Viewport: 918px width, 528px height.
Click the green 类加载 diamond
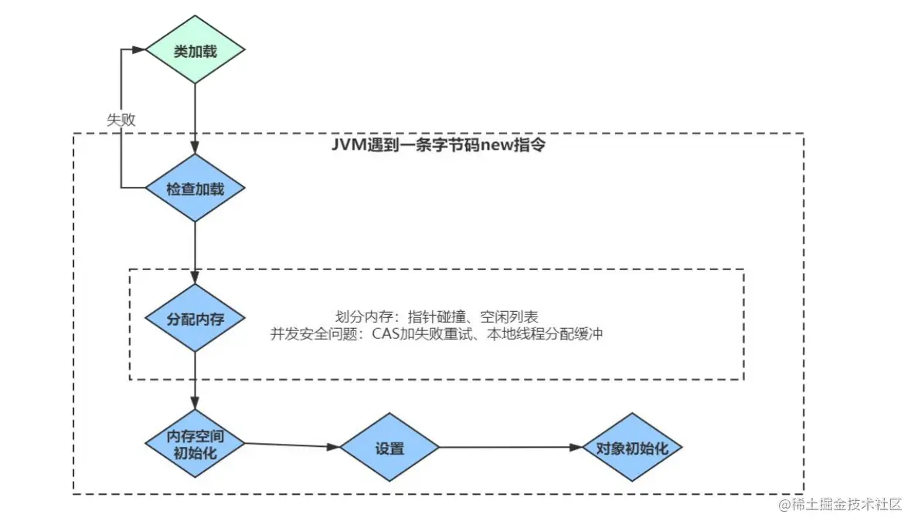click(x=195, y=51)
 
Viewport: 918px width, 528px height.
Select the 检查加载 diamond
click(x=195, y=188)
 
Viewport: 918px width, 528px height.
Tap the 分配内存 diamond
click(x=195, y=318)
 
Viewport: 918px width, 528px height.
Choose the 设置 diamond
click(x=390, y=448)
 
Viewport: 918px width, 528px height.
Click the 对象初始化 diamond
click(x=631, y=447)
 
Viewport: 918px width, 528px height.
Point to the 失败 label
click(x=121, y=120)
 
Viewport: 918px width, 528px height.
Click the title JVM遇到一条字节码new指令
click(x=437, y=144)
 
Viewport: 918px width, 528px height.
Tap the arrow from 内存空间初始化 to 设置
click(x=292, y=445)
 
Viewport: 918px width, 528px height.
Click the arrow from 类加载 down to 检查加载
click(x=195, y=116)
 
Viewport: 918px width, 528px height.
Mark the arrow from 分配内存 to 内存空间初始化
click(x=195, y=380)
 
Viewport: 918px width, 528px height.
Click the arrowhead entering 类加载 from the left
click(x=139, y=49)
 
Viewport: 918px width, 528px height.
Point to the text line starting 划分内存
click(x=437, y=316)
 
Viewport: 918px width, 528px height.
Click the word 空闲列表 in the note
click(x=513, y=316)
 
